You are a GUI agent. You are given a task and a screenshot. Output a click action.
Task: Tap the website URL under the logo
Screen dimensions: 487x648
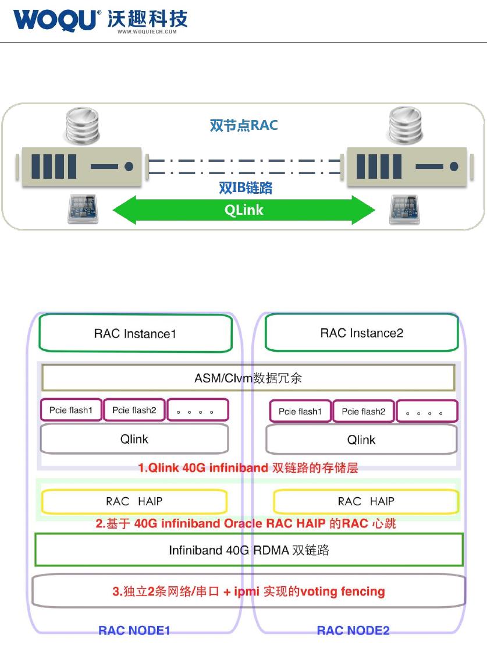147,31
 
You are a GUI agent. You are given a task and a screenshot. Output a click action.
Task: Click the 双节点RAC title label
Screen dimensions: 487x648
244,125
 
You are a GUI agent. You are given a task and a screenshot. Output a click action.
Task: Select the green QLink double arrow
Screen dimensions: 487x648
244,210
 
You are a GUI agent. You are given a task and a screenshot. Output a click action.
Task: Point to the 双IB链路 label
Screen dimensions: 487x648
246,187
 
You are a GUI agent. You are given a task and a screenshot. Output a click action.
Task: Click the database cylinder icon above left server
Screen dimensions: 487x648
83,126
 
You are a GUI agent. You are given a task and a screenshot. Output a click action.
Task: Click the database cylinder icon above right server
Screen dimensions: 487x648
406,126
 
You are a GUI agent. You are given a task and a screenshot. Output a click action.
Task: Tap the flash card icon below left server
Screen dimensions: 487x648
83,208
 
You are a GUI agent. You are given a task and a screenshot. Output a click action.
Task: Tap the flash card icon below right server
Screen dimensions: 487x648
404,209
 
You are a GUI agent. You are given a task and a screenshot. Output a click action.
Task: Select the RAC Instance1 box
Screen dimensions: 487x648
135,333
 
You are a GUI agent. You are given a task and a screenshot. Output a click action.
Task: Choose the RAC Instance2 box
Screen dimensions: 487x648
361,332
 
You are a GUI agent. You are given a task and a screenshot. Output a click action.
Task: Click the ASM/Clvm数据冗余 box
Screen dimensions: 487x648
248,378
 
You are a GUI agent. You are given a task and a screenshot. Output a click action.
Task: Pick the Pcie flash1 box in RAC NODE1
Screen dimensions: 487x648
71,410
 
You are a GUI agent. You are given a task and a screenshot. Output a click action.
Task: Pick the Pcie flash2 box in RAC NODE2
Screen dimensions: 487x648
364,411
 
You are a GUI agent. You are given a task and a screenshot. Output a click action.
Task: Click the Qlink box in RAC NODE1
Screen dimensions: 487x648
134,439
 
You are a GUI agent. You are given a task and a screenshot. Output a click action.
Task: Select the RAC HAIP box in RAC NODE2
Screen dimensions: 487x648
366,501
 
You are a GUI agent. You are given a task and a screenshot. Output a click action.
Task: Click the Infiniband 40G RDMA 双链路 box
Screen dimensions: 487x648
249,550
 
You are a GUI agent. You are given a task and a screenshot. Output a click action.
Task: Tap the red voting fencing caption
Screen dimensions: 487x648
248,592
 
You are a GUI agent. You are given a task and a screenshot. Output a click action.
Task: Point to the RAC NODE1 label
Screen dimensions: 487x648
134,630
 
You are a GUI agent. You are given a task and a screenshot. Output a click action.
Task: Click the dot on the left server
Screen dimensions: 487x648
129,167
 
